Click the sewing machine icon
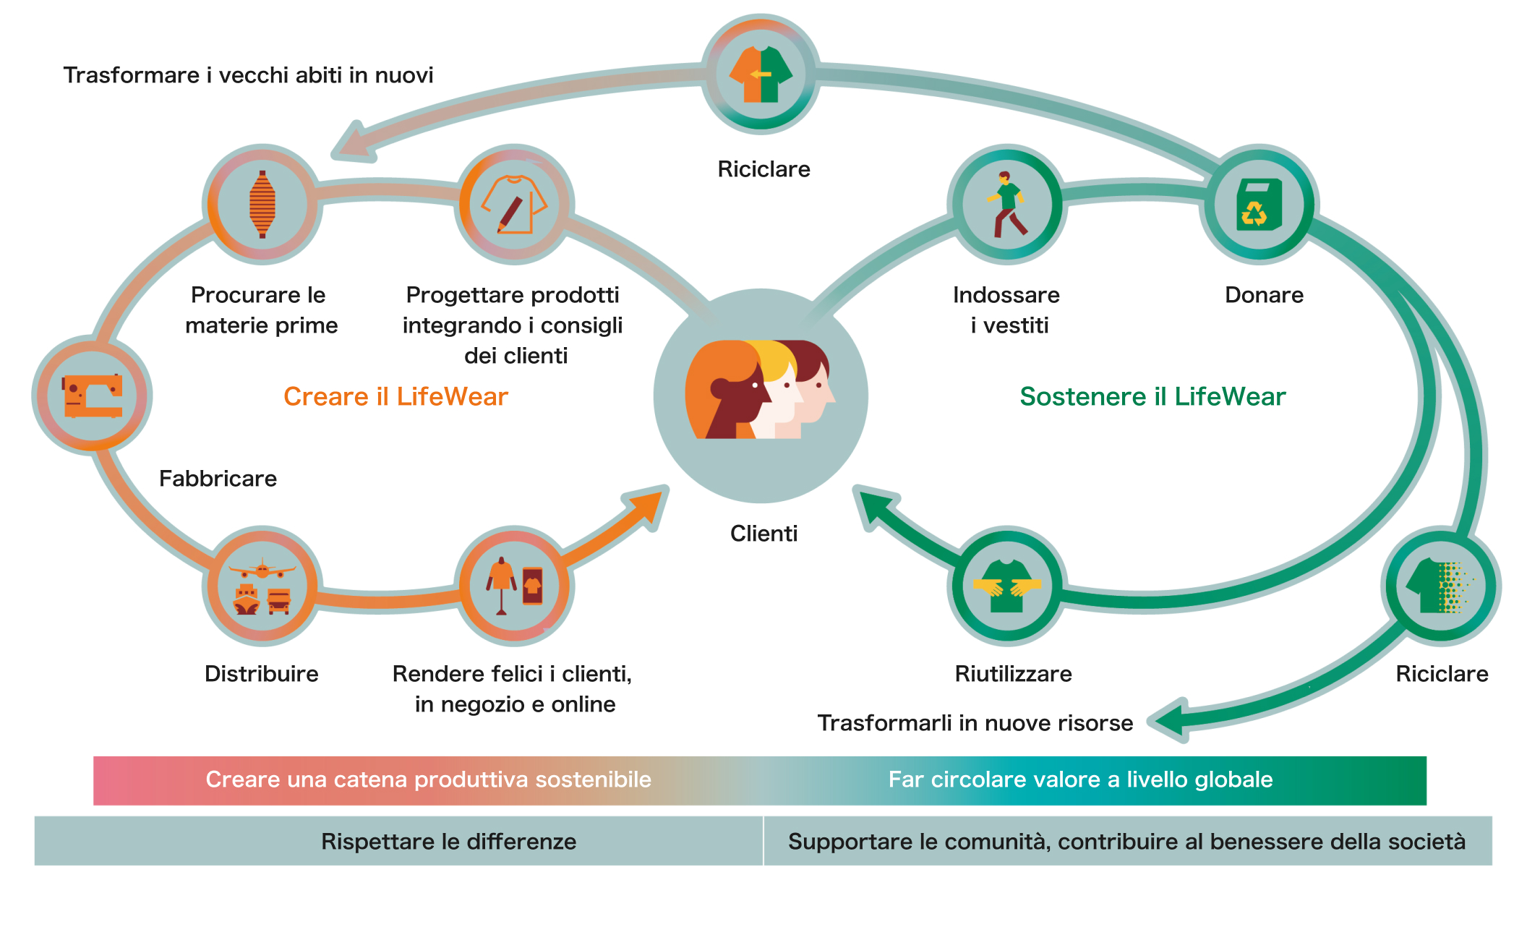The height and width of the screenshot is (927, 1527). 92,396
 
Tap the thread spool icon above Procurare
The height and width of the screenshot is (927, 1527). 262,205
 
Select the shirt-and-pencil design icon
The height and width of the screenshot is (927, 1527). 514,205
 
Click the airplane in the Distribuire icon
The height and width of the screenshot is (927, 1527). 262,570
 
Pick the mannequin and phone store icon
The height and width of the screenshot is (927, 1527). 514,586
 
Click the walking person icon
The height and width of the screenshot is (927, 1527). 1006,205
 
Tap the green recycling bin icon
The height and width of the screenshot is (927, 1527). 1259,205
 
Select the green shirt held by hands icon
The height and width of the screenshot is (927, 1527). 1006,586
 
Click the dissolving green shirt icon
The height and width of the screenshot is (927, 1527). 1440,586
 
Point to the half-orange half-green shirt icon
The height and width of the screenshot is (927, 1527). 761,74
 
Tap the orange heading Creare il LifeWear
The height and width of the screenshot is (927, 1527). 395,396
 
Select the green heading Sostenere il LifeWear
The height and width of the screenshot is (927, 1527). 1152,396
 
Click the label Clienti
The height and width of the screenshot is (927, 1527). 763,534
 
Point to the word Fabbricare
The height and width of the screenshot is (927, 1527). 218,479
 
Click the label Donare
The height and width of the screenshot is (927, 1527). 1264,295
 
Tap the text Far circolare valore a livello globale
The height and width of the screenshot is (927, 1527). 1080,779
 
